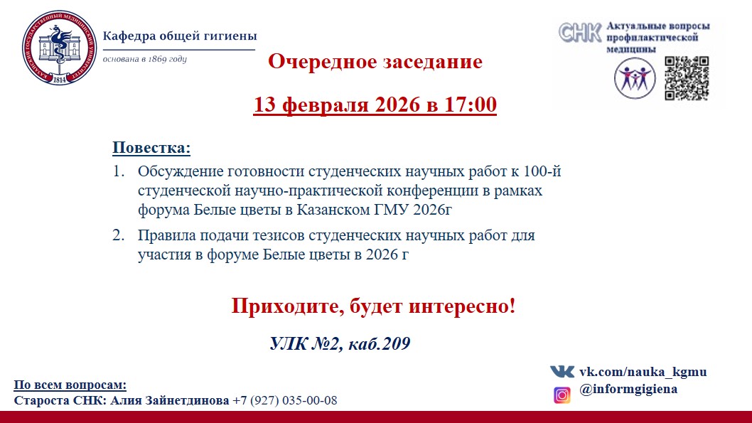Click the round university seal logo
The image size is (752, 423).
pyautogui.click(x=59, y=48)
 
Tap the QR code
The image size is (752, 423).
pyautogui.click(x=687, y=78)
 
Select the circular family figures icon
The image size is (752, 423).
pyautogui.click(x=635, y=78)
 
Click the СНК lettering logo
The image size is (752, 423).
pyautogui.click(x=580, y=33)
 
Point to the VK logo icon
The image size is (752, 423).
pyautogui.click(x=562, y=372)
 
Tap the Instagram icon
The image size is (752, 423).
pyautogui.click(x=562, y=395)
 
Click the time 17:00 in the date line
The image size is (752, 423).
pyautogui.click(x=470, y=105)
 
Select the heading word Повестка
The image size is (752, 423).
pyautogui.click(x=151, y=147)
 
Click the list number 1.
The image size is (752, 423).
pyautogui.click(x=119, y=171)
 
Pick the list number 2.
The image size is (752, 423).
pyautogui.click(x=119, y=235)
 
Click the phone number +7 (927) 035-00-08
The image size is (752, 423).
pyautogui.click(x=285, y=400)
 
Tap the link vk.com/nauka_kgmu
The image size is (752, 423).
pyautogui.click(x=643, y=372)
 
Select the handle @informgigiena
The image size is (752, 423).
pyautogui.click(x=628, y=389)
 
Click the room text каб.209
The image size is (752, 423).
pyautogui.click(x=379, y=344)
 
